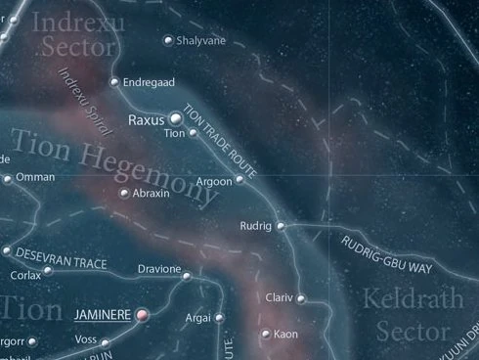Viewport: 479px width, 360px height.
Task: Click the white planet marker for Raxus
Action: pos(176,119)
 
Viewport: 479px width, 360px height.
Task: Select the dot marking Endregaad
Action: pos(114,82)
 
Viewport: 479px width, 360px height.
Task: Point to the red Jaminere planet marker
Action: pos(142,315)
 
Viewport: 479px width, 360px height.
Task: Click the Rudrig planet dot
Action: pos(281,226)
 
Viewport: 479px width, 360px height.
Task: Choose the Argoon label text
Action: pos(212,181)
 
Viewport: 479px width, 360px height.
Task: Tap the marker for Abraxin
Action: pos(123,194)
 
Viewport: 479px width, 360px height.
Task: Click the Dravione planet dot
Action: pos(187,276)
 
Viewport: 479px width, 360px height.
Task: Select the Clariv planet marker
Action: pos(301,298)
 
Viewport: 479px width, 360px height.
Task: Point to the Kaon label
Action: pos(286,335)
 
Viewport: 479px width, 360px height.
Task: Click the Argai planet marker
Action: pos(219,318)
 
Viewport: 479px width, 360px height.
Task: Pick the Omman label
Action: pos(35,177)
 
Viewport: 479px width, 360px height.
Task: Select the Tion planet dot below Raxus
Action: pos(193,133)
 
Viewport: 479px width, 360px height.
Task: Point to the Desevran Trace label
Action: pos(62,255)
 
